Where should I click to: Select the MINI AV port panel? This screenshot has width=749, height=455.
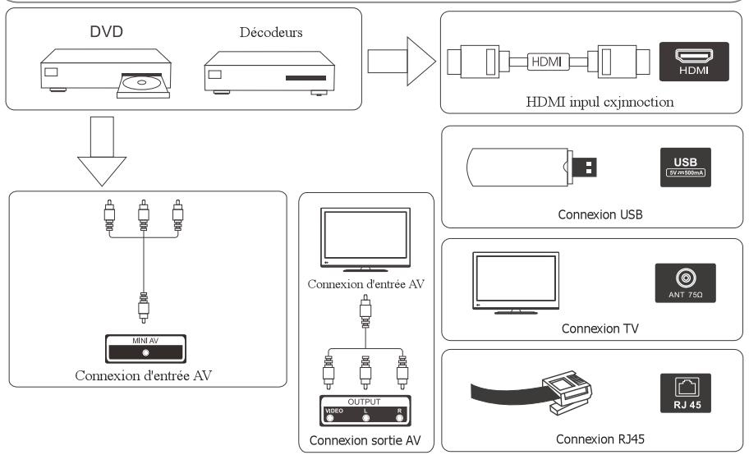pos(146,348)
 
